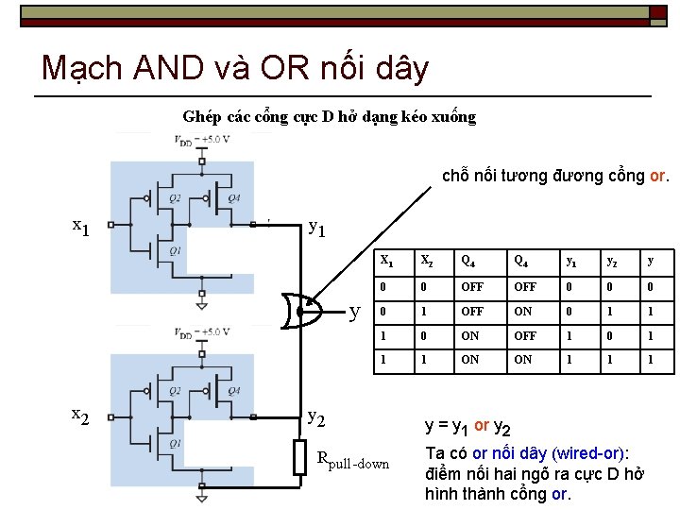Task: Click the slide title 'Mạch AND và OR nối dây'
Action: pyautogui.click(x=235, y=68)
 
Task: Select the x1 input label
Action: pyautogui.click(x=82, y=227)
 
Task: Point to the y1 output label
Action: pyautogui.click(x=318, y=228)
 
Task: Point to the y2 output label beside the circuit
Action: pyautogui.click(x=318, y=416)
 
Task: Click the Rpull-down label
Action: pyautogui.click(x=352, y=462)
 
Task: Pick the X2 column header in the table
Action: pyautogui.click(x=427, y=259)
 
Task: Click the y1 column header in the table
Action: pyautogui.click(x=570, y=259)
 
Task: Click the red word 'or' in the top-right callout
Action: pyautogui.click(x=658, y=176)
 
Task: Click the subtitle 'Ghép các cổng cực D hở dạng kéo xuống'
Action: pyautogui.click(x=329, y=117)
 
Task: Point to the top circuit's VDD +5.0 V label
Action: pyautogui.click(x=201, y=140)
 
